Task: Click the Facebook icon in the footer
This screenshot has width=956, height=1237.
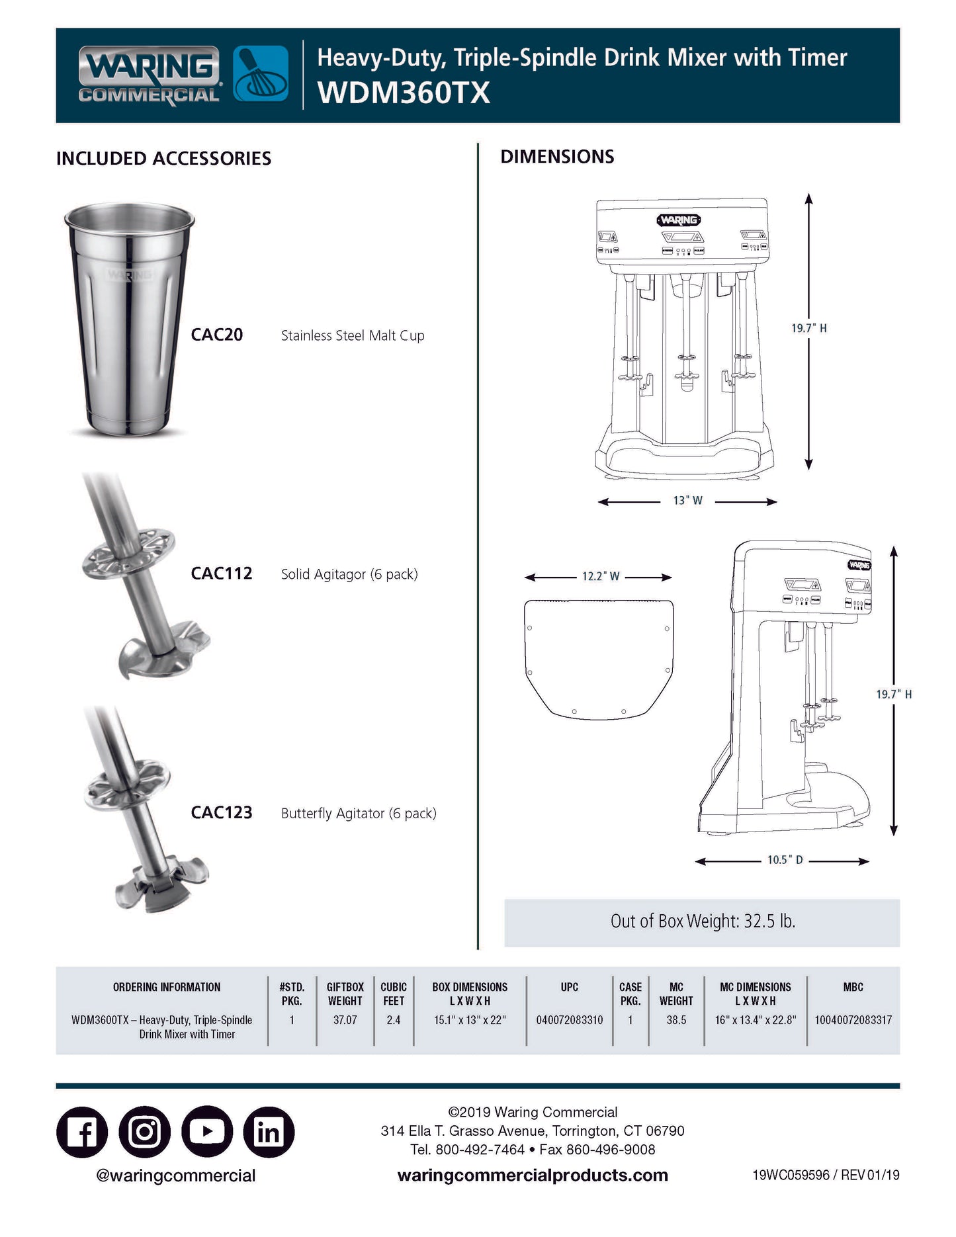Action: click(82, 1132)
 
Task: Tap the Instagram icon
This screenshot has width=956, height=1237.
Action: click(145, 1132)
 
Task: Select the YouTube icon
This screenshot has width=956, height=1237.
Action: click(207, 1132)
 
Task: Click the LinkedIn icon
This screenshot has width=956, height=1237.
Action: click(269, 1132)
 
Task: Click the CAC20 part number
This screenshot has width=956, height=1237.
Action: click(216, 335)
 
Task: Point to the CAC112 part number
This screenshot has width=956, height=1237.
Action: click(221, 574)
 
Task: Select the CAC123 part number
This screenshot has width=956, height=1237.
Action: click(221, 812)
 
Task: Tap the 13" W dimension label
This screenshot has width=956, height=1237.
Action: click(687, 501)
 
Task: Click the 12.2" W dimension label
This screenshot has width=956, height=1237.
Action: click(600, 576)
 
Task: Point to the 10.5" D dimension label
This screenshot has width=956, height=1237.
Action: click(785, 860)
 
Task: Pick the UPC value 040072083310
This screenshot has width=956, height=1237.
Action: click(569, 1020)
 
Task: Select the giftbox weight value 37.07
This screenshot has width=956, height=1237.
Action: click(345, 1020)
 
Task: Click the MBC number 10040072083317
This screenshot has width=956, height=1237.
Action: click(853, 1020)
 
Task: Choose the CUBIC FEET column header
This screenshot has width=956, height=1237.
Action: click(393, 994)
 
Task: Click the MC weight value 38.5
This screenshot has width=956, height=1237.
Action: click(676, 1020)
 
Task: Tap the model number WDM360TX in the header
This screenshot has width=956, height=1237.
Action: click(404, 93)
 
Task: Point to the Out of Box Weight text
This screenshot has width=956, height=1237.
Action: click(702, 921)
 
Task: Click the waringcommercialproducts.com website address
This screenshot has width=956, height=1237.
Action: click(533, 1175)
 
